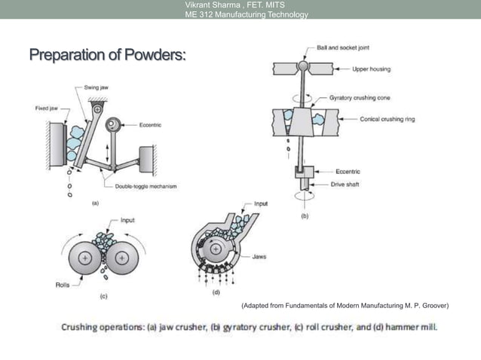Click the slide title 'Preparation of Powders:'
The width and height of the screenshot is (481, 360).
108,56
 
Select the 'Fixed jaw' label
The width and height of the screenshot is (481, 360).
49,108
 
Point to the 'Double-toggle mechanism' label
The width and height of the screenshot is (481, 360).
146,186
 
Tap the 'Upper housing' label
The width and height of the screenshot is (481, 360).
372,69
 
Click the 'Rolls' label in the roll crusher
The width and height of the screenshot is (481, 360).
63,285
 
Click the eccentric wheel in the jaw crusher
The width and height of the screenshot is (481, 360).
115,124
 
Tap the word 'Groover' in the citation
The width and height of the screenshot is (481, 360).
433,306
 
